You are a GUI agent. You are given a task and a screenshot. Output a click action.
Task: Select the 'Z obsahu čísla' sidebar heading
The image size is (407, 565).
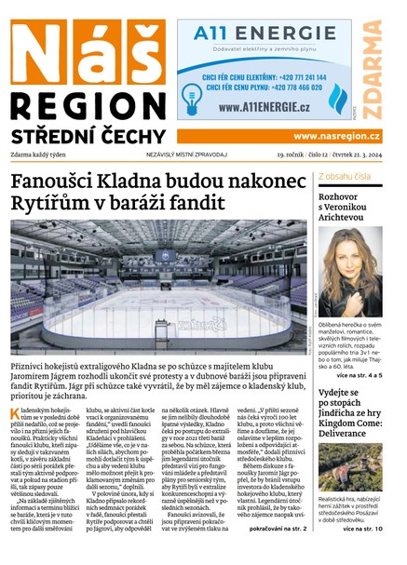[x=345, y=175]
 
